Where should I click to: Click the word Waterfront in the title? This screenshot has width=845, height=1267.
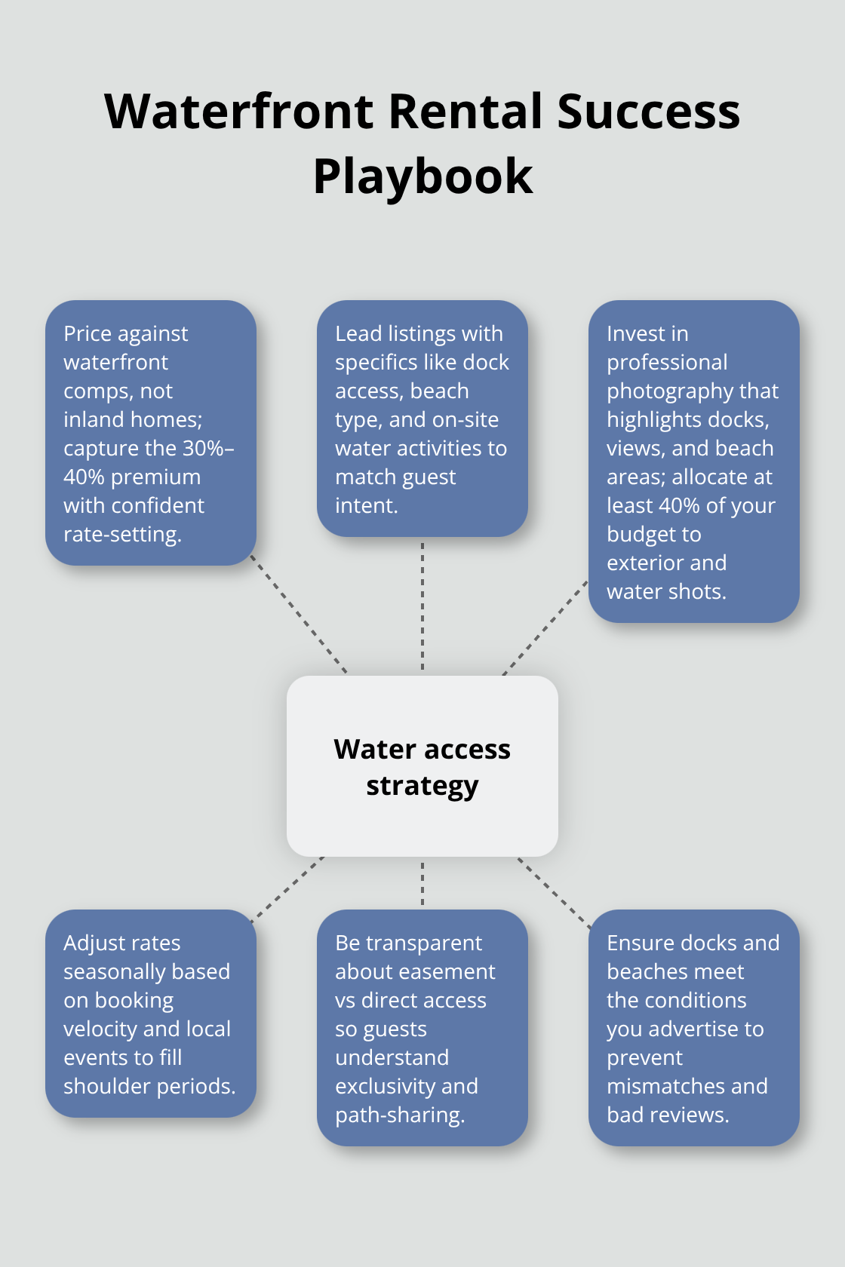pos(239,112)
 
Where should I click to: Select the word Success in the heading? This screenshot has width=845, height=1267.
pos(649,112)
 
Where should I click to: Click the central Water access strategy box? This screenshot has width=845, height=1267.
pos(422,766)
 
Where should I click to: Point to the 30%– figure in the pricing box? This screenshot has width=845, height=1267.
pos(207,448)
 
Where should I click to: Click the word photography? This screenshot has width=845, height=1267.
pos(693,391)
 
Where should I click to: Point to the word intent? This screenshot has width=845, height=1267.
pos(366,505)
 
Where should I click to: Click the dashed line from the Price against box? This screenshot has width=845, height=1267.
pos(298,614)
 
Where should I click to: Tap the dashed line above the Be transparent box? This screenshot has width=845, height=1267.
pos(422,883)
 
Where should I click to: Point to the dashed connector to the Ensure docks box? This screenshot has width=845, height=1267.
pos(554,893)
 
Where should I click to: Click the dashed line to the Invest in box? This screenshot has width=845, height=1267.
pos(545,627)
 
